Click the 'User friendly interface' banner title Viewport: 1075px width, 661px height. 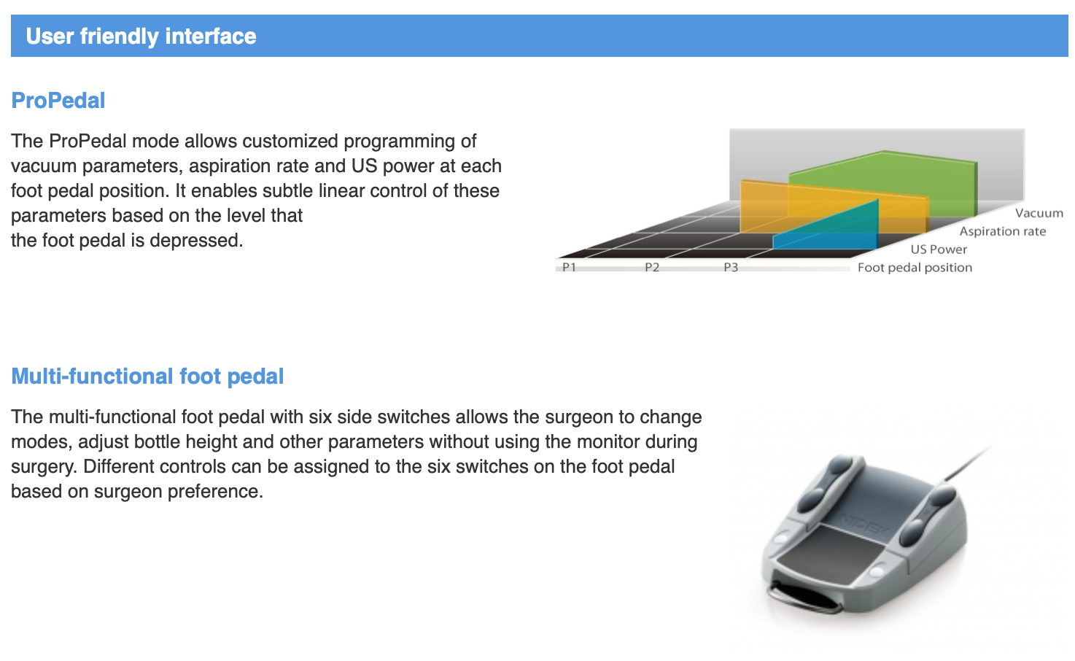pyautogui.click(x=141, y=36)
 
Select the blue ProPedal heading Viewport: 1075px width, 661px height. pyautogui.click(x=58, y=101)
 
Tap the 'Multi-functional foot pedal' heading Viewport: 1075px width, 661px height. pyautogui.click(x=147, y=376)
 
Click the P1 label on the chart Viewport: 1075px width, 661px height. pyautogui.click(x=569, y=267)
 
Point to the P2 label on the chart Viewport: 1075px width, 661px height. pyautogui.click(x=652, y=267)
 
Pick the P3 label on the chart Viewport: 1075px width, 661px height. pyautogui.click(x=731, y=267)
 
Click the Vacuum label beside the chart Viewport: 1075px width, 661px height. pyautogui.click(x=1039, y=213)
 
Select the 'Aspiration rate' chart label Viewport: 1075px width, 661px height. pyautogui.click(x=1003, y=231)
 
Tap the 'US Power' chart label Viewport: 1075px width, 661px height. pyautogui.click(x=939, y=250)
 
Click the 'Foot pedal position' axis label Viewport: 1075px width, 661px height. pyautogui.click(x=915, y=267)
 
